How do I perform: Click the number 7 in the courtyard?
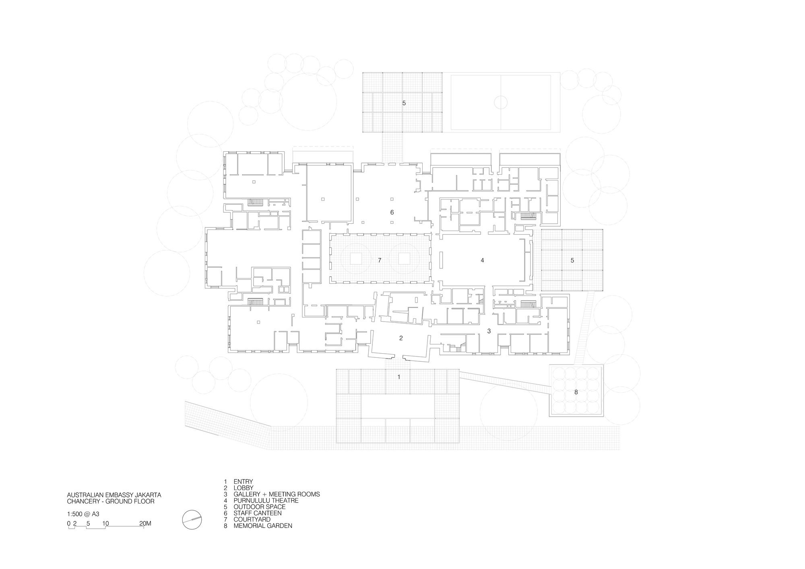coord(380,260)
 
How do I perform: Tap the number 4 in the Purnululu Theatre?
coord(482,260)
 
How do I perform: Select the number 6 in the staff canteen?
coord(392,212)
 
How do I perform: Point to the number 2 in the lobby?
coord(401,338)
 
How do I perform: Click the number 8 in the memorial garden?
coord(576,392)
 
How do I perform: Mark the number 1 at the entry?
coord(399,377)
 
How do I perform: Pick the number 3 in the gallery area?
coord(489,331)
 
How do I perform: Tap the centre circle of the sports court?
coord(501,102)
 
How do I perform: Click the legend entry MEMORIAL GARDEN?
coord(263,526)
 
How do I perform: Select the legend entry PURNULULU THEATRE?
coord(266,501)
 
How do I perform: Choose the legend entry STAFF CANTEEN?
coord(258,513)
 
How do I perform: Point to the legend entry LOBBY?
coord(244,488)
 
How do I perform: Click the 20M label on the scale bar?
coord(145,524)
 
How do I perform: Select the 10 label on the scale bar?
coord(106,524)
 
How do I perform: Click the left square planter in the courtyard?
coord(356,258)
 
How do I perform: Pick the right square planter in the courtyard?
coord(405,258)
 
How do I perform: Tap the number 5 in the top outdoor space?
coord(404,103)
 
